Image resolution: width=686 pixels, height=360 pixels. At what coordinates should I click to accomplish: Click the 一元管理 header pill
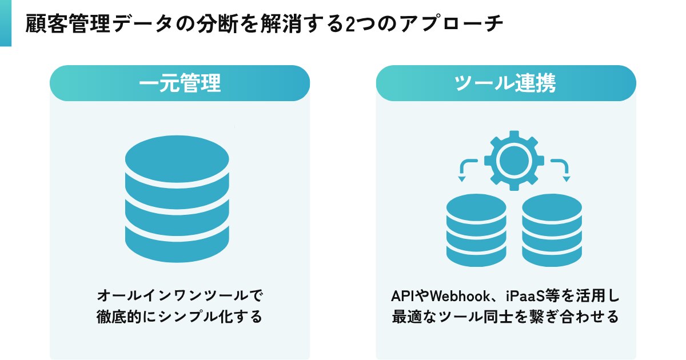tap(180, 83)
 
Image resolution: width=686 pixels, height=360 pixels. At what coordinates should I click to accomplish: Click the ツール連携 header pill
tap(505, 83)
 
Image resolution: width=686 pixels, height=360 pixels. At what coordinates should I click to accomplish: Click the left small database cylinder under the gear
tap(476, 231)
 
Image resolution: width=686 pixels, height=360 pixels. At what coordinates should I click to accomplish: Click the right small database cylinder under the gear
tap(552, 231)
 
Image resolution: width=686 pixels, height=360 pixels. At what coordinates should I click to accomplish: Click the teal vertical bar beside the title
tap(6, 23)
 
